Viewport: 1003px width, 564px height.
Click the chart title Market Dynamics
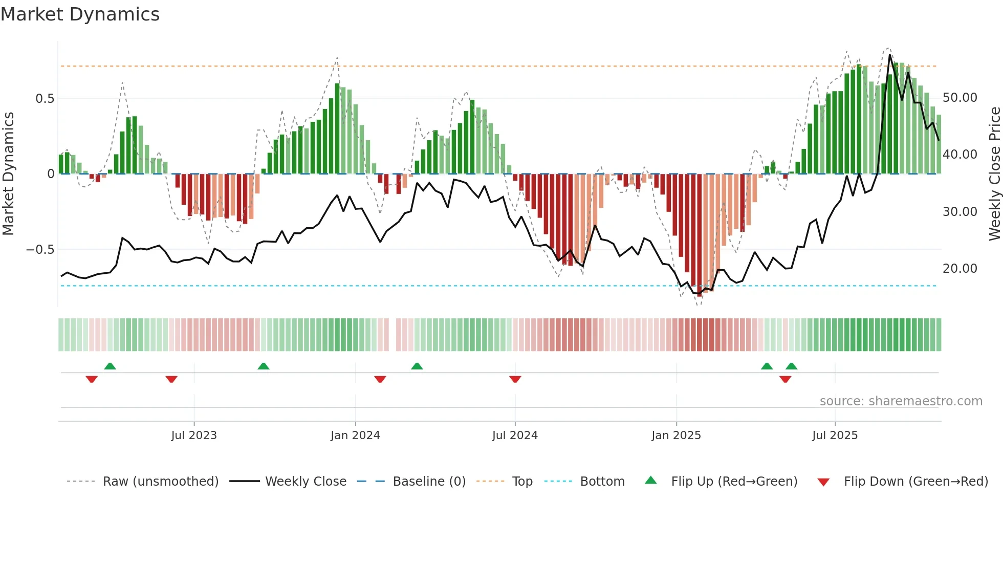pyautogui.click(x=80, y=14)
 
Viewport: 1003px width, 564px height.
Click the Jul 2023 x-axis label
pyautogui.click(x=194, y=436)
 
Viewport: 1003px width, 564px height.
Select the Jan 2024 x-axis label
pyautogui.click(x=355, y=436)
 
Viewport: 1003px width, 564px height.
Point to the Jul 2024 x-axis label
pyautogui.click(x=515, y=436)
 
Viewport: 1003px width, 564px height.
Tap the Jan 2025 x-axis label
pyautogui.click(x=676, y=436)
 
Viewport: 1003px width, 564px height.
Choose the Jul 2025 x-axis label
pyautogui.click(x=835, y=436)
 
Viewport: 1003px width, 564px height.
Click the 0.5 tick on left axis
pyautogui.click(x=45, y=99)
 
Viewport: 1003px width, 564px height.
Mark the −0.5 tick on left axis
pyautogui.click(x=40, y=250)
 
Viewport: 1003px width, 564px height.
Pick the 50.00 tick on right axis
pyautogui.click(x=960, y=98)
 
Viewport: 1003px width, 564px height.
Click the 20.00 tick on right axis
pyautogui.click(x=960, y=269)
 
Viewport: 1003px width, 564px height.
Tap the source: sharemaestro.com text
pyautogui.click(x=901, y=401)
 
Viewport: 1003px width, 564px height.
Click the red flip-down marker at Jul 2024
pyautogui.click(x=515, y=379)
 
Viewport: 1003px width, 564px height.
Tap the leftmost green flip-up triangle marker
pyautogui.click(x=110, y=366)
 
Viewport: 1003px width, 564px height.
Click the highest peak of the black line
pyautogui.click(x=890, y=55)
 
